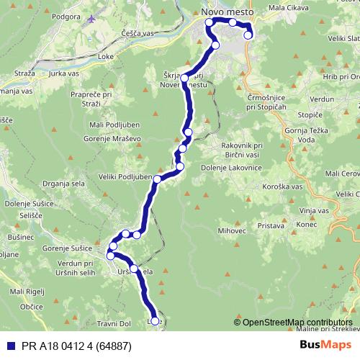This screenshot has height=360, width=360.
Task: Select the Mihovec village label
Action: (x=232, y=231)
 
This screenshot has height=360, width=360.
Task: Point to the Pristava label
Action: (x=271, y=225)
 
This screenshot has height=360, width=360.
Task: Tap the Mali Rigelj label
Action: (x=27, y=292)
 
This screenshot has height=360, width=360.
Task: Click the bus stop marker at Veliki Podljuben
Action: (x=157, y=179)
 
